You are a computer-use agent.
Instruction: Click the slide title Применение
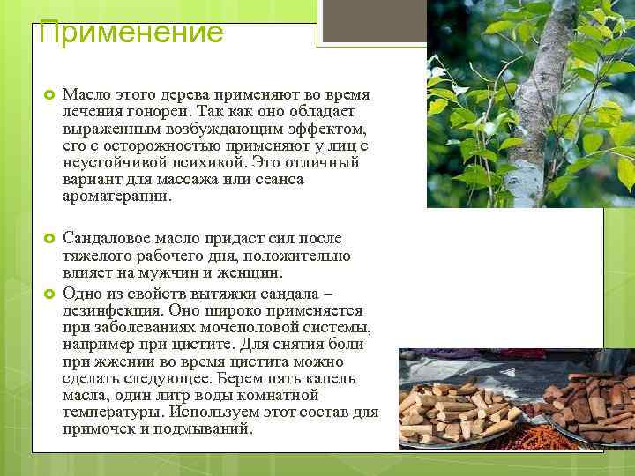pyautogui.click(x=131, y=33)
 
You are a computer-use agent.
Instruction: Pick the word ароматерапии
pyautogui.click(x=117, y=196)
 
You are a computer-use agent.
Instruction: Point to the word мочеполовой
pyautogui.click(x=230, y=328)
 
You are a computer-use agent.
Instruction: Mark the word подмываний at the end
pyautogui.click(x=212, y=428)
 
